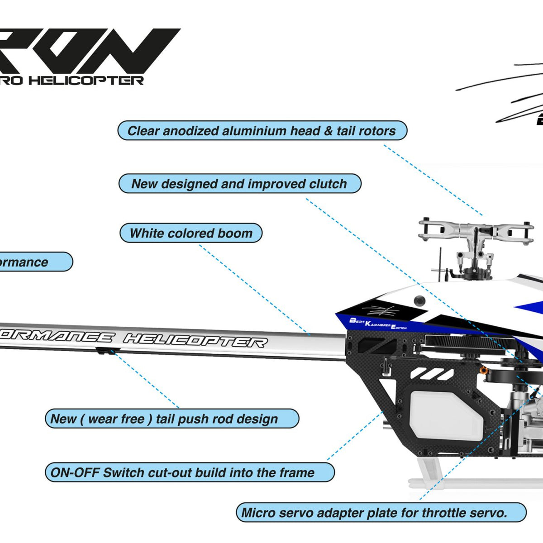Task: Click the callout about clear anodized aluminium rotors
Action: (x=262, y=131)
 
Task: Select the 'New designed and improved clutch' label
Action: (x=239, y=184)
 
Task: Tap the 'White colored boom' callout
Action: (x=191, y=233)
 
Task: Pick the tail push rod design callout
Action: (x=171, y=419)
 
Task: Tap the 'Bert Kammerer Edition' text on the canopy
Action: (x=378, y=324)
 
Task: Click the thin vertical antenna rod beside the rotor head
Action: (x=440, y=262)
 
